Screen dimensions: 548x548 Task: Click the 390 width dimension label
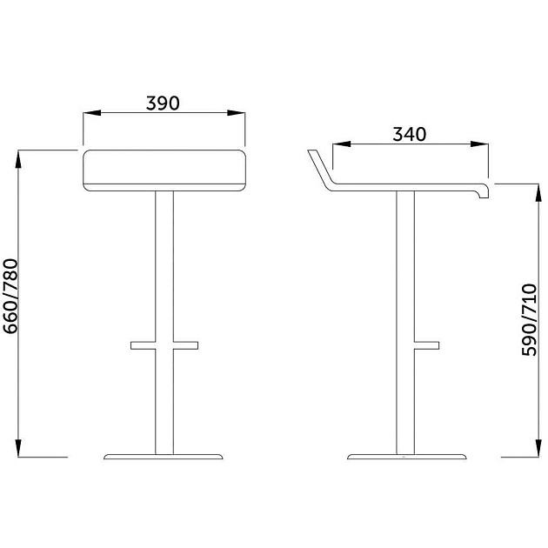(x=163, y=104)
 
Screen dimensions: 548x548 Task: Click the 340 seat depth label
(x=409, y=134)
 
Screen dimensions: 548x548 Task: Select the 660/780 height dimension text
(x=10, y=297)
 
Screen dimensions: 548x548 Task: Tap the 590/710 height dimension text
(x=529, y=320)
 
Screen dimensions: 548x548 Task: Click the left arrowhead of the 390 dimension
(x=92, y=113)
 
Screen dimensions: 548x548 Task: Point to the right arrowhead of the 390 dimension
(x=237, y=113)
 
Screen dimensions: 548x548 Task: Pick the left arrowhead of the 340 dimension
(x=342, y=144)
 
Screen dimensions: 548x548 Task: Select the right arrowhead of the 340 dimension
(x=479, y=144)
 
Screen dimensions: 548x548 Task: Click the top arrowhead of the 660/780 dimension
(x=18, y=159)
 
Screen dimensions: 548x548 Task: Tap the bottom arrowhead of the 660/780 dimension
(x=18, y=448)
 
